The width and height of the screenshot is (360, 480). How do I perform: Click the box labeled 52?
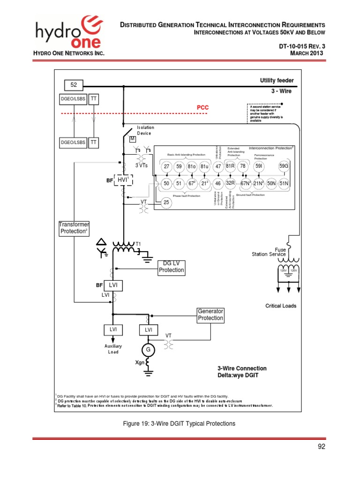[74, 85]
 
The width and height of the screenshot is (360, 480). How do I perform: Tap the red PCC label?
[202, 107]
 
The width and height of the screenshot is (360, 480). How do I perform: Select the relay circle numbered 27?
[166, 166]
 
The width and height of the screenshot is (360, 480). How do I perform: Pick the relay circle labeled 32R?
[230, 183]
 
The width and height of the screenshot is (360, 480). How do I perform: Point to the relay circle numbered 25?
[166, 202]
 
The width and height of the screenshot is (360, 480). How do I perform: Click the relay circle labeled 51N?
[284, 183]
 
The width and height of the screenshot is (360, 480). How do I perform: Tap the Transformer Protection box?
[74, 228]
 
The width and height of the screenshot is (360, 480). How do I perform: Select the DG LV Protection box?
[171, 267]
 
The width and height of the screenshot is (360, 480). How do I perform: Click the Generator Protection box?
[210, 315]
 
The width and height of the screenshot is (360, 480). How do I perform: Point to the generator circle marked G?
[149, 350]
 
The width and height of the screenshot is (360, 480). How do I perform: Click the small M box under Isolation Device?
[132, 139]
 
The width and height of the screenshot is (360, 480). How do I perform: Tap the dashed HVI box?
[122, 180]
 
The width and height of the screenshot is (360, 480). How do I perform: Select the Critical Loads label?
[281, 306]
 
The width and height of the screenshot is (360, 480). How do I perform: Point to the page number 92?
[321, 446]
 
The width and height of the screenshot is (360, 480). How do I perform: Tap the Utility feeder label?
[277, 81]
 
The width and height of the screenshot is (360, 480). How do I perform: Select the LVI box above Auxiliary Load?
[113, 330]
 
